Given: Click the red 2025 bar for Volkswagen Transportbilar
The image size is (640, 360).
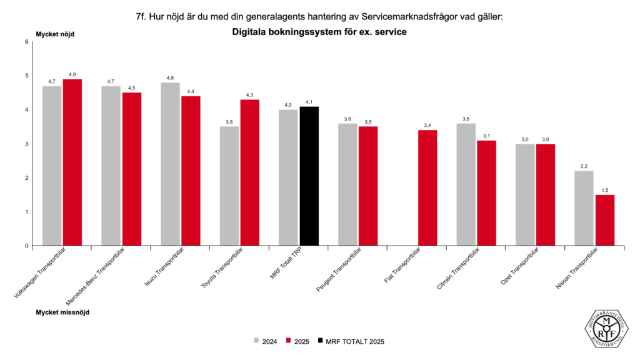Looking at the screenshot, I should (72, 162).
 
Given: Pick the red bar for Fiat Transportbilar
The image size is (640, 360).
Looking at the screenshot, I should (427, 188).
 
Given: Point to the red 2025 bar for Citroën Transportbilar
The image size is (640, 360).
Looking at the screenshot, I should (486, 193).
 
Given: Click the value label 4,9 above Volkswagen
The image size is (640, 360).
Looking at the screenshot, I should (72, 74).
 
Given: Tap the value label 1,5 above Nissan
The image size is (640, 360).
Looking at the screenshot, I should (605, 190).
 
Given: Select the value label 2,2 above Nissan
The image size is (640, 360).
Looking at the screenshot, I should (584, 166).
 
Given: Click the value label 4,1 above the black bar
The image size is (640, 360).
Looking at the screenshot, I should (309, 102).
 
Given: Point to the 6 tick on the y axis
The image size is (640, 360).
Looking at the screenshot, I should (26, 42).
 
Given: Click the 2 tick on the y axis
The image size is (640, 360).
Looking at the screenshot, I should (26, 178).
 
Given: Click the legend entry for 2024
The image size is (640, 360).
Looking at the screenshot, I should (265, 341).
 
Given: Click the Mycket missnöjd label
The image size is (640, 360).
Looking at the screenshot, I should (62, 311).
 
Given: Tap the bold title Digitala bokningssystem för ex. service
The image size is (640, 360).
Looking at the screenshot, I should (319, 32).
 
